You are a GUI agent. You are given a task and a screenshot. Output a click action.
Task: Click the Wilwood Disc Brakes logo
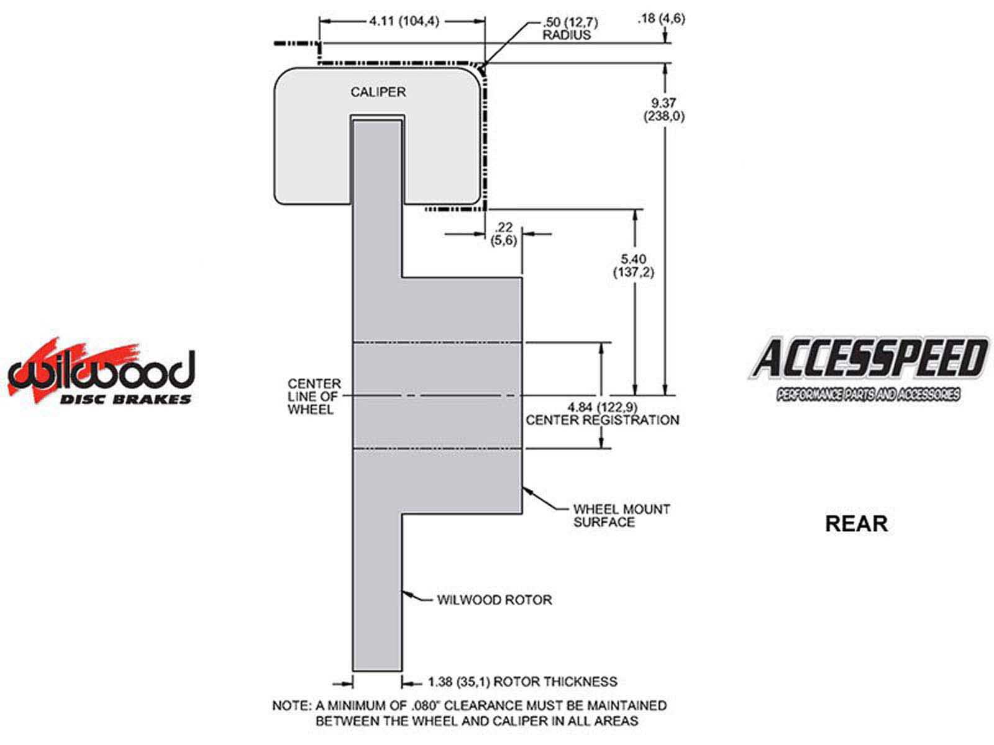click(101, 372)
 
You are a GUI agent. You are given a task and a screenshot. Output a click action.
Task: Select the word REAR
click(856, 523)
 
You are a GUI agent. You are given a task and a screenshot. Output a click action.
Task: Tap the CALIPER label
click(378, 92)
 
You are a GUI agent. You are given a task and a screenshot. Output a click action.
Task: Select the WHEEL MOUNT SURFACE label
click(621, 515)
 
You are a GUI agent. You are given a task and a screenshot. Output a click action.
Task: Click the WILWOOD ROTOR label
click(494, 600)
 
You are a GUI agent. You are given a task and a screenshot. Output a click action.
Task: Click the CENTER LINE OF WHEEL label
click(314, 396)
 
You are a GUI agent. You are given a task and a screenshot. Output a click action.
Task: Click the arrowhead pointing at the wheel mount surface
click(526, 490)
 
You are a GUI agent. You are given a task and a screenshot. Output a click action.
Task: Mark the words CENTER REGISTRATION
click(602, 420)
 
